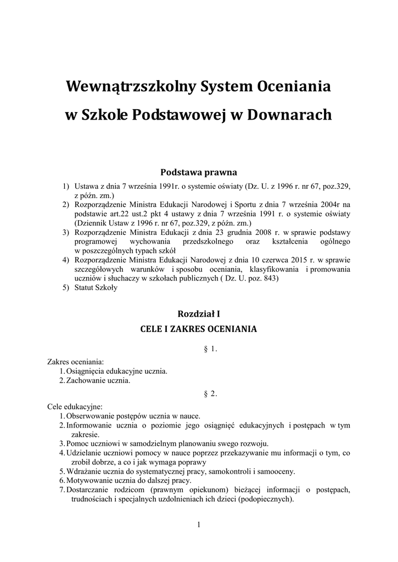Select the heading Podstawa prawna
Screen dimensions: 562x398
pyautogui.click(x=199, y=172)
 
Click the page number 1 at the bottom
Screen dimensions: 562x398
pyautogui.click(x=199, y=525)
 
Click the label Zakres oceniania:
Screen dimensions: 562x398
pyautogui.click(x=76, y=362)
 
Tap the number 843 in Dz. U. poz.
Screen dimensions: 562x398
pyautogui.click(x=270, y=279)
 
